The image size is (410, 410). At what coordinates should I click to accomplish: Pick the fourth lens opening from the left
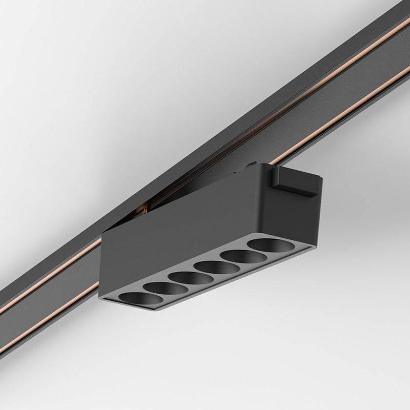(212, 267)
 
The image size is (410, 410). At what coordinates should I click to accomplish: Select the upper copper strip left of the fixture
(51, 279)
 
